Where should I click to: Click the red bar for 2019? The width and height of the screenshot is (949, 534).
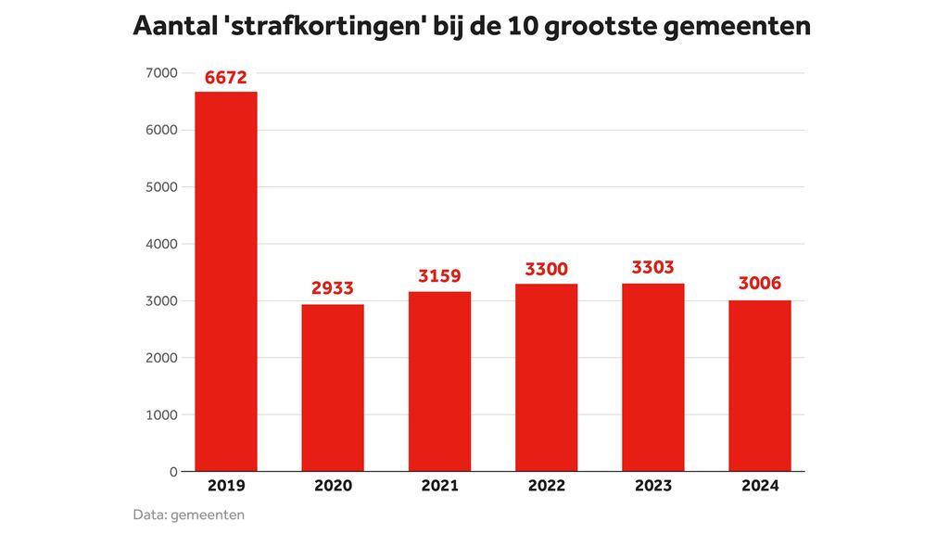click(x=226, y=281)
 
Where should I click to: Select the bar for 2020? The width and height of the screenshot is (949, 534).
click(x=333, y=388)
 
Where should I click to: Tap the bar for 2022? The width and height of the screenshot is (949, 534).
click(x=546, y=377)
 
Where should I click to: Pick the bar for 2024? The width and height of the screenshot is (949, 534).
click(x=760, y=386)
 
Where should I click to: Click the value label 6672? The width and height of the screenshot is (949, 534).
click(x=226, y=78)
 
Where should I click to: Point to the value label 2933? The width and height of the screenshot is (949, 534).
click(x=333, y=288)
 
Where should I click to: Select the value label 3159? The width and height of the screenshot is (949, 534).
click(x=439, y=275)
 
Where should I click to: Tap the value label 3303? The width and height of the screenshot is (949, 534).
click(x=653, y=268)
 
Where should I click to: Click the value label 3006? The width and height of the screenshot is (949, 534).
click(x=760, y=284)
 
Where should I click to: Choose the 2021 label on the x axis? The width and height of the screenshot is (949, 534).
click(x=439, y=486)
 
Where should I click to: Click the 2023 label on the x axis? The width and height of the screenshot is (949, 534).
click(x=653, y=486)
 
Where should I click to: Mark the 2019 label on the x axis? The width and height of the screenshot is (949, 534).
click(x=226, y=486)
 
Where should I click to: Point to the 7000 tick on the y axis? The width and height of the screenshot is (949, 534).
click(x=161, y=73)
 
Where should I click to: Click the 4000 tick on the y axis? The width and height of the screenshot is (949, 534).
click(x=161, y=244)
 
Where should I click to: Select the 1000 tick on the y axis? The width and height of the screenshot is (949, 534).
click(x=161, y=414)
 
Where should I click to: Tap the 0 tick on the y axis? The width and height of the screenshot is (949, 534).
click(x=172, y=472)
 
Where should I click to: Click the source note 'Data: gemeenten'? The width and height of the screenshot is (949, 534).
click(x=189, y=515)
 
